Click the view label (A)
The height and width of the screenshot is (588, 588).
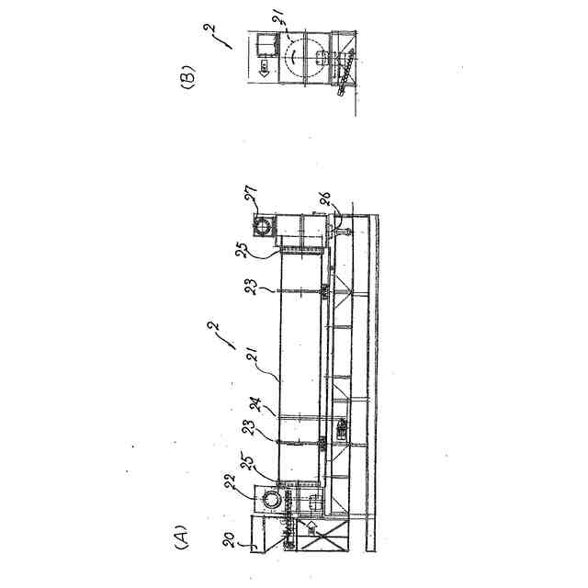pyautogui.click(x=180, y=535)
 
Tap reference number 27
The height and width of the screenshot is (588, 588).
pyautogui.click(x=249, y=196)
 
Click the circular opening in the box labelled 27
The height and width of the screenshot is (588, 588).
pyautogui.click(x=264, y=225)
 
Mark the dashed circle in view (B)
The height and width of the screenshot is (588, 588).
pyautogui.click(x=296, y=57)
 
